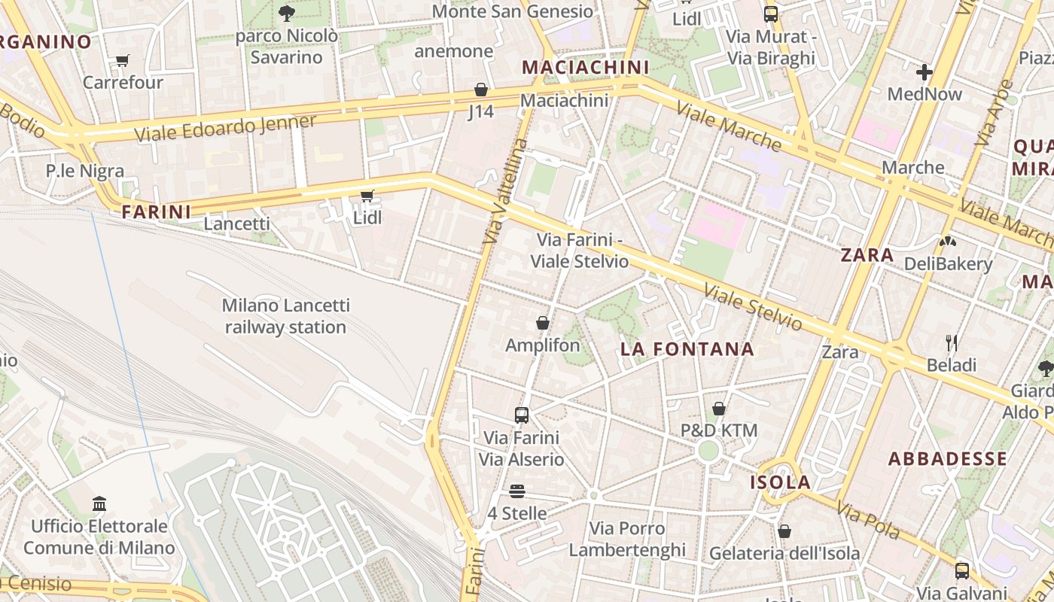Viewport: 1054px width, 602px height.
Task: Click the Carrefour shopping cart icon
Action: [x=122, y=60]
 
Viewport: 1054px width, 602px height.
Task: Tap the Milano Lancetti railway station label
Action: [x=285, y=316]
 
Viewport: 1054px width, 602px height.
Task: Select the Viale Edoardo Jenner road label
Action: [x=225, y=128]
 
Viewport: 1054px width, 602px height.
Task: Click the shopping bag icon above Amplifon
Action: [x=542, y=323]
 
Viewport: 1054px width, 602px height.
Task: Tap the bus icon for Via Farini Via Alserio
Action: [x=521, y=415]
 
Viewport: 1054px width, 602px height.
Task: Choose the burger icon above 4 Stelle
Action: [x=516, y=491]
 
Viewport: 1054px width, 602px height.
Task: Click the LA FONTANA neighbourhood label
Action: [x=687, y=348]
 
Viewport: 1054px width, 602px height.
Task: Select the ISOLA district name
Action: [x=780, y=482]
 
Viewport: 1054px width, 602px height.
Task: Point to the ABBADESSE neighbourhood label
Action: [x=947, y=458]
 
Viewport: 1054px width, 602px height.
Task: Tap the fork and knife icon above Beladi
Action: [x=952, y=343]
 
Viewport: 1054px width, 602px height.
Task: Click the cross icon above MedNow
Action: [x=925, y=72]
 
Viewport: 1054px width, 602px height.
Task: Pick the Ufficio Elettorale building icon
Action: [x=99, y=503]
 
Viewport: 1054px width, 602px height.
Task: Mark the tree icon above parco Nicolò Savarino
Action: [x=286, y=13]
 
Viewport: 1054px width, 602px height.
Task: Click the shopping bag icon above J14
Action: [x=480, y=90]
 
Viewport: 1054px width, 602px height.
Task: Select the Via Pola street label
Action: [x=868, y=520]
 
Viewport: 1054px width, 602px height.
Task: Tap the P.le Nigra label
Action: [x=84, y=171]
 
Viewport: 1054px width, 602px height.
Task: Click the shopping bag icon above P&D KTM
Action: [x=718, y=409]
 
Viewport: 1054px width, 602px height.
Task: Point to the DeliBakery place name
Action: [x=948, y=264]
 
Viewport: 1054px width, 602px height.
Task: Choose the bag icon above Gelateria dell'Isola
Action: [x=784, y=531]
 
